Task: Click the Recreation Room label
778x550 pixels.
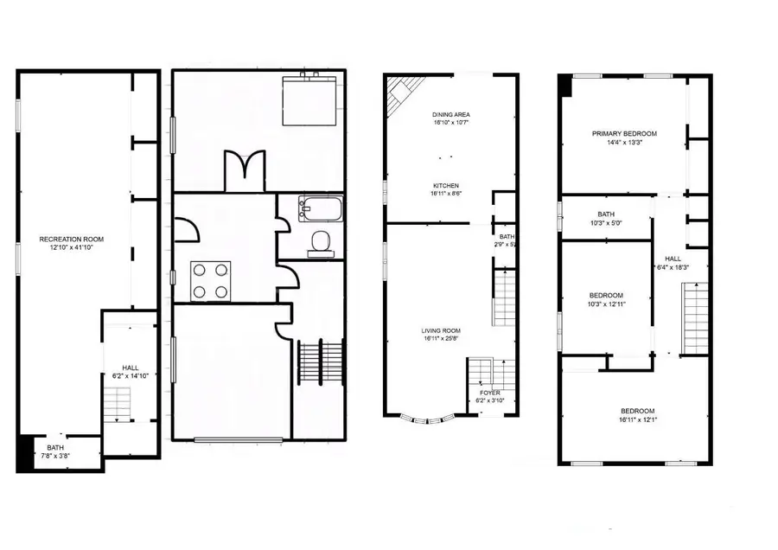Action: click(72, 239)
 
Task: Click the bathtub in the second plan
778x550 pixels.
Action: click(320, 208)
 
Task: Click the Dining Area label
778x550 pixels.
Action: click(450, 114)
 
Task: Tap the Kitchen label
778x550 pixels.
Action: click(446, 185)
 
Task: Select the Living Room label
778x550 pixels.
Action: click(441, 330)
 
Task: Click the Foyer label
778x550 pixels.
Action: click(489, 393)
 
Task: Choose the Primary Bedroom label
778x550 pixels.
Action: click(624, 133)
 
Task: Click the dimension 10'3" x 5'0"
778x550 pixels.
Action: click(606, 223)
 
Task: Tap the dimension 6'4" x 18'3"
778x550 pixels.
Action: click(673, 267)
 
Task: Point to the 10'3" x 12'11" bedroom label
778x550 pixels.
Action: click(606, 300)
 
